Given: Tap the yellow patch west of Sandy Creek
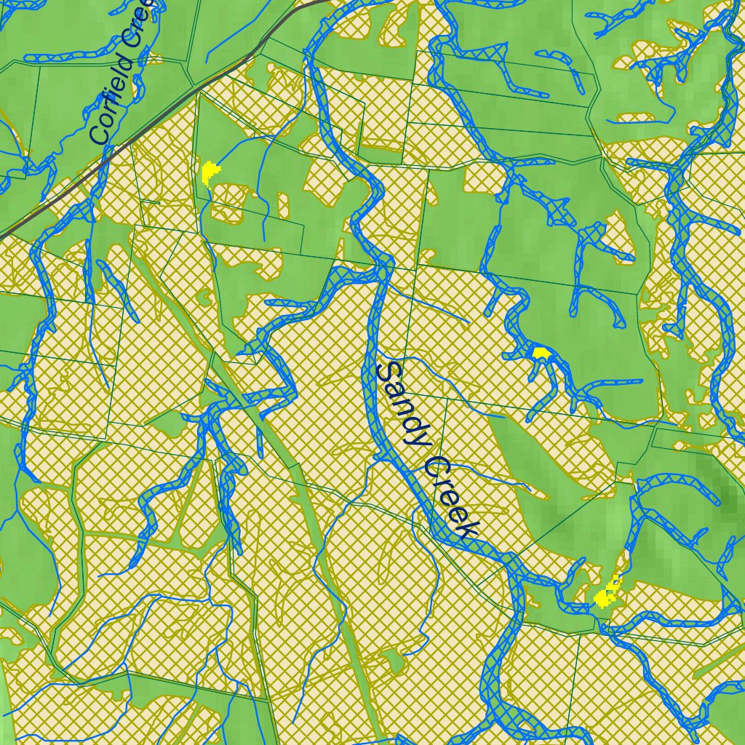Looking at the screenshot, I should [210, 172].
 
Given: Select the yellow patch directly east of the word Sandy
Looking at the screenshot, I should [541, 352].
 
